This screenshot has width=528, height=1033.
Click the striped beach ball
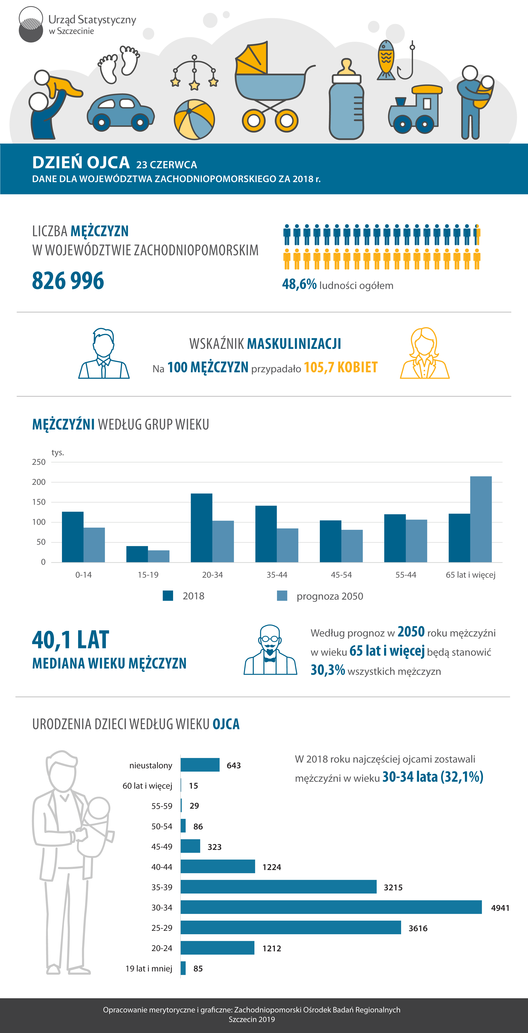pos(194,119)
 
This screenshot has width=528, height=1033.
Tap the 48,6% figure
pos(299,284)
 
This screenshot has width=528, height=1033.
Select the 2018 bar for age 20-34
pos(201,528)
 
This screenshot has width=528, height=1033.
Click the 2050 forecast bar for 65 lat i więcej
pos(481,519)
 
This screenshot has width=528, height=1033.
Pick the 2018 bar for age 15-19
pos(137,554)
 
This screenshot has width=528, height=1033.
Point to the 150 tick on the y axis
pos(39,502)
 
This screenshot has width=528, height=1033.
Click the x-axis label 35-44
pos(277,575)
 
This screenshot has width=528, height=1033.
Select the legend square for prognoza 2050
pos(282,596)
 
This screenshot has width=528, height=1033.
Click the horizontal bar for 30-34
pos(331,907)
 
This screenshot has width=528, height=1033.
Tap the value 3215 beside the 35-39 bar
pos(393,887)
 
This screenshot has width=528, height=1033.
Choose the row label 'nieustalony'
pos(151,765)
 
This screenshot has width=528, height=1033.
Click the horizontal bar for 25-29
pos(291,928)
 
